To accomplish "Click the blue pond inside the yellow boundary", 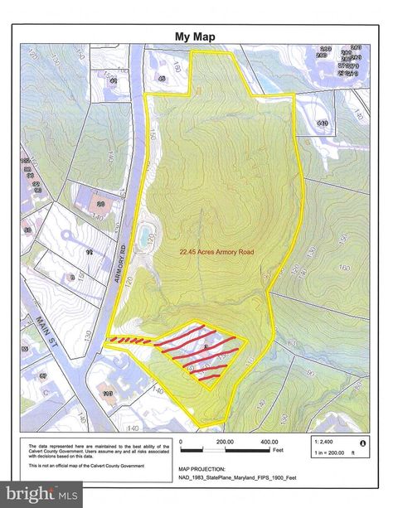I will coord(147,230).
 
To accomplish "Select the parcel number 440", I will coord(323,123).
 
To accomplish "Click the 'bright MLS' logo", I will coord(41,495).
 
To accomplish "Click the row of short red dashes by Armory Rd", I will coord(132,340).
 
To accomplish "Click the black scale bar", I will coord(224,450).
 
